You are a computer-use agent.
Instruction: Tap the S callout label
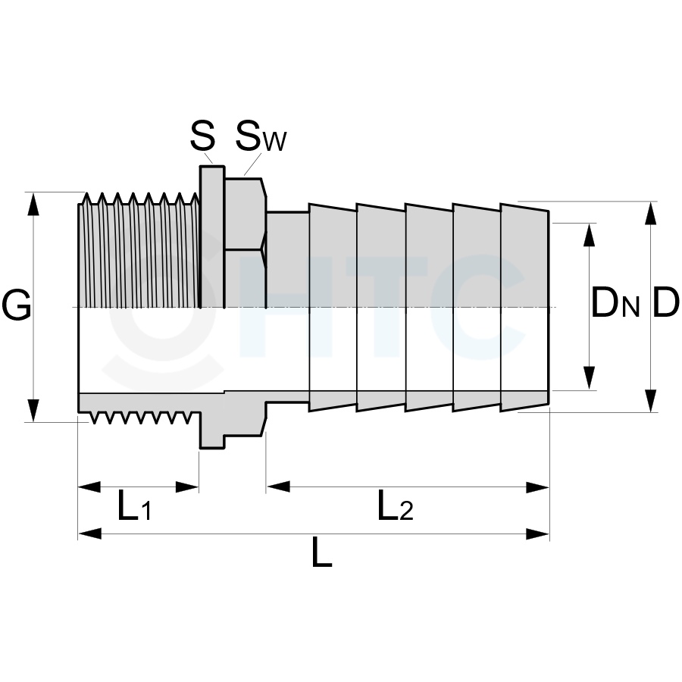(x=202, y=136)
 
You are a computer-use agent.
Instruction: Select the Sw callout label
(x=261, y=136)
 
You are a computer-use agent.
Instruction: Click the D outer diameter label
(x=666, y=302)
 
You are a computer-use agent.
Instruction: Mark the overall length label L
(x=322, y=551)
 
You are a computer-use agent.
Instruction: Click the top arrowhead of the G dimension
(x=33, y=204)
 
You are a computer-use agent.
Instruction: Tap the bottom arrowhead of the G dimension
(x=33, y=411)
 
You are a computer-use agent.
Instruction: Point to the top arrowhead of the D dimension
(x=651, y=213)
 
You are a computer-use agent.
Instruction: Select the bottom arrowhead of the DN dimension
(x=590, y=378)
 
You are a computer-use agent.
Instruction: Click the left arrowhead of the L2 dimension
(x=278, y=487)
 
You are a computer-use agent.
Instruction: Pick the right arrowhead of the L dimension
(x=538, y=533)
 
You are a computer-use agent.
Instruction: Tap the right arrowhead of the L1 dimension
(x=187, y=487)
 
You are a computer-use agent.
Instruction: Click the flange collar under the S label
(x=212, y=237)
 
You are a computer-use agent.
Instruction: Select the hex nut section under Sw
(x=245, y=242)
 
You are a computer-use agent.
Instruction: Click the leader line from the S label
(x=209, y=158)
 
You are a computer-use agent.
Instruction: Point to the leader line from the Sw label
(x=252, y=164)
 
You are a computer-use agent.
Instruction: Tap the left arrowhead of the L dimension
(x=89, y=533)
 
